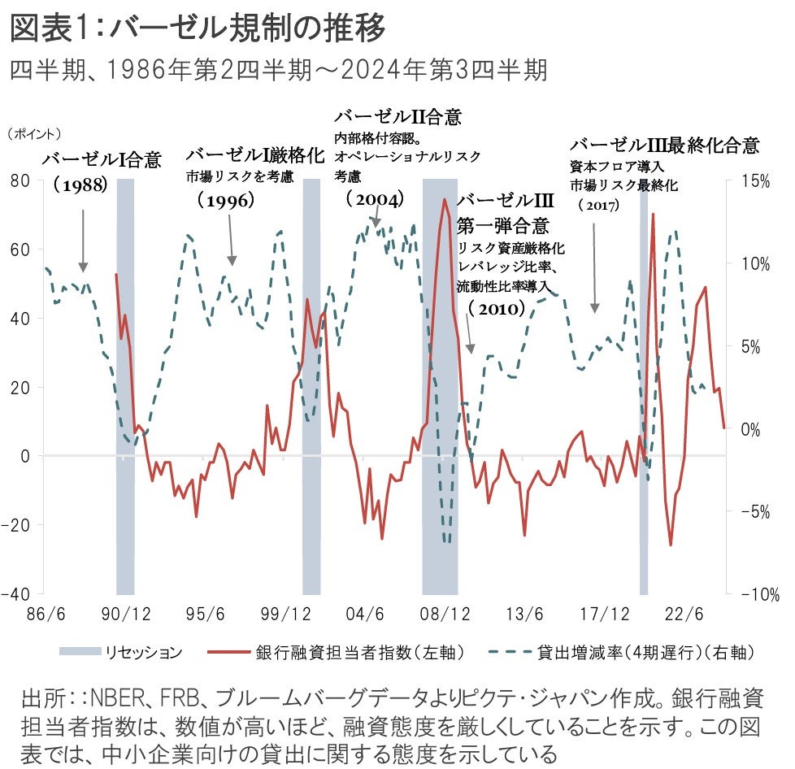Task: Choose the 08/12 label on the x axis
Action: coord(443,611)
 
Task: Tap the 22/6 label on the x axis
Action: coord(683,611)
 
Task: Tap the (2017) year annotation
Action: coord(598,206)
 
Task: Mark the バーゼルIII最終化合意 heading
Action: coord(664,146)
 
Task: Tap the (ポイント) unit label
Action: coord(35,133)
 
